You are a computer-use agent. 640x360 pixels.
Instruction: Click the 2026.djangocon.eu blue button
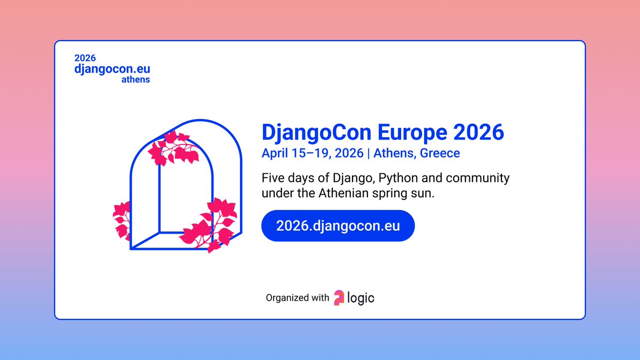[338, 226]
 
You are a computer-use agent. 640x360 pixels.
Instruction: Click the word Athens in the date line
[395, 154]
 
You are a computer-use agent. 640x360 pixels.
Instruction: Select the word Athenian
[343, 193]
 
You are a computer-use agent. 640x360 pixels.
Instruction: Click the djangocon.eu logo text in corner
[112, 69]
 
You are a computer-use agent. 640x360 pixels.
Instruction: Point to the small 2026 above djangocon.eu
[85, 58]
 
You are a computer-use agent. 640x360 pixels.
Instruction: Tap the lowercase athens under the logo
[135, 80]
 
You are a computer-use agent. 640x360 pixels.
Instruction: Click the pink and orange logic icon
[339, 298]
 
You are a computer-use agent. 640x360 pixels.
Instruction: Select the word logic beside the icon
[361, 298]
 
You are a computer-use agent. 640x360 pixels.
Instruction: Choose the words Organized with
[298, 298]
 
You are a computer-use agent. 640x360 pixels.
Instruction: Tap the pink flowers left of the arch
[122, 219]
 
